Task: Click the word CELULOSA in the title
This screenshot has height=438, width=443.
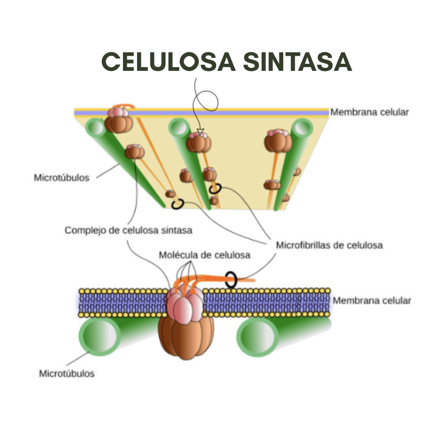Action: tap(168, 62)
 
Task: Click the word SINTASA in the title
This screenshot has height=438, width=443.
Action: tap(297, 62)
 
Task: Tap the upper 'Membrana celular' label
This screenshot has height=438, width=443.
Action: tap(369, 112)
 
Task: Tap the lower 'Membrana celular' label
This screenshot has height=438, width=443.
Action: tap(372, 300)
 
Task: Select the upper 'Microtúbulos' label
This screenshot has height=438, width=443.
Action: tap(62, 177)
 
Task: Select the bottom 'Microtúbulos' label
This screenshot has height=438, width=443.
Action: tap(67, 374)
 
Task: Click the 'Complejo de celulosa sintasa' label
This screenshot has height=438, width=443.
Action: tap(128, 230)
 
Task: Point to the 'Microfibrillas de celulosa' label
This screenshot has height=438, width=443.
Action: tap(329, 245)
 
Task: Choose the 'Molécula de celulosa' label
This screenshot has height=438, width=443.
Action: tap(205, 255)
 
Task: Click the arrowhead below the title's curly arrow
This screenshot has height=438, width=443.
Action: tap(200, 131)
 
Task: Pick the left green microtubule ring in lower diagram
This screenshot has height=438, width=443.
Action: tap(100, 336)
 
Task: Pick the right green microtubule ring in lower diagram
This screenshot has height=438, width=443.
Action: tap(257, 337)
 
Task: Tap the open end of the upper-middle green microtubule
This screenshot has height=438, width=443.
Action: tap(179, 128)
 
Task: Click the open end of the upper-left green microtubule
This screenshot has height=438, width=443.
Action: tap(96, 128)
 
